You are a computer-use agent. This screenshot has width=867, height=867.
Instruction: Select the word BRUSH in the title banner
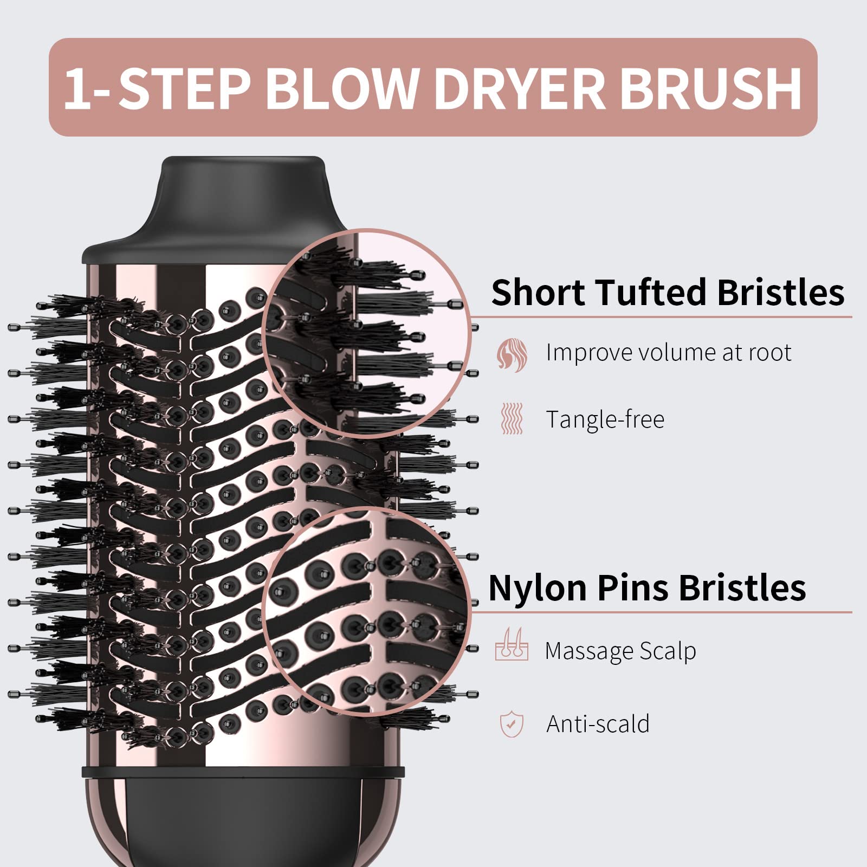(710, 88)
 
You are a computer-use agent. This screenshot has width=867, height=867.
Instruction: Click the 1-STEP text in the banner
(157, 88)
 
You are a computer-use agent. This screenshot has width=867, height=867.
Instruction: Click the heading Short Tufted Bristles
(667, 293)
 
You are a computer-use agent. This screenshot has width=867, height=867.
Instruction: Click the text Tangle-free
(605, 419)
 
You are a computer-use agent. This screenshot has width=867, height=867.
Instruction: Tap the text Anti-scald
(598, 724)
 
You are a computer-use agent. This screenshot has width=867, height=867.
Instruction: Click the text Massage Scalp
(620, 651)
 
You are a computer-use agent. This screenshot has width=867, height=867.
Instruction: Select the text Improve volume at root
(668, 353)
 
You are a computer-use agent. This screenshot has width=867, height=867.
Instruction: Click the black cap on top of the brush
(242, 206)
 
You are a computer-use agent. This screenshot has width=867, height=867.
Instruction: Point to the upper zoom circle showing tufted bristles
(366, 333)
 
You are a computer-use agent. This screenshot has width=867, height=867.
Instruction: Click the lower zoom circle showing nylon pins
(366, 611)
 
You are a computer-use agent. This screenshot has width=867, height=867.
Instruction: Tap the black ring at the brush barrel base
(243, 771)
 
